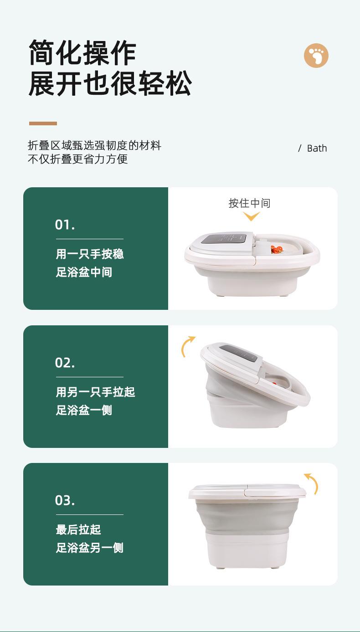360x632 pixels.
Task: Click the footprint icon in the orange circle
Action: click(x=316, y=55)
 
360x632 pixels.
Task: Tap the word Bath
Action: click(x=317, y=148)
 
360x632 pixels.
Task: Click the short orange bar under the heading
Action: click(x=43, y=123)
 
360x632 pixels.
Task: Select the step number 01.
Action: click(x=65, y=225)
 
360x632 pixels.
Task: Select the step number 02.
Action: click(x=65, y=363)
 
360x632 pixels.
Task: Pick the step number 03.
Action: click(x=65, y=500)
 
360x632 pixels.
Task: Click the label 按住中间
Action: click(x=249, y=203)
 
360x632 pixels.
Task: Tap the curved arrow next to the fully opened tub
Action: click(x=313, y=483)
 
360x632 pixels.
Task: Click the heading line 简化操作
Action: click(x=82, y=53)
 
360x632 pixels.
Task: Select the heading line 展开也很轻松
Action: click(x=110, y=83)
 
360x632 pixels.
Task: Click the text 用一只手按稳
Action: click(x=90, y=254)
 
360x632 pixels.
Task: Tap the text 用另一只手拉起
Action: click(x=95, y=392)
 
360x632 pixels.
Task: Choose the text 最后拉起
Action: click(x=78, y=529)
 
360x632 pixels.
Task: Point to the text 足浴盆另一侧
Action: click(x=90, y=548)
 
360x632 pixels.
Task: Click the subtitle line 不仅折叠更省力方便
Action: click(x=77, y=159)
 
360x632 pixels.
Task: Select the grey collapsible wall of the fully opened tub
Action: click(x=247, y=515)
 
